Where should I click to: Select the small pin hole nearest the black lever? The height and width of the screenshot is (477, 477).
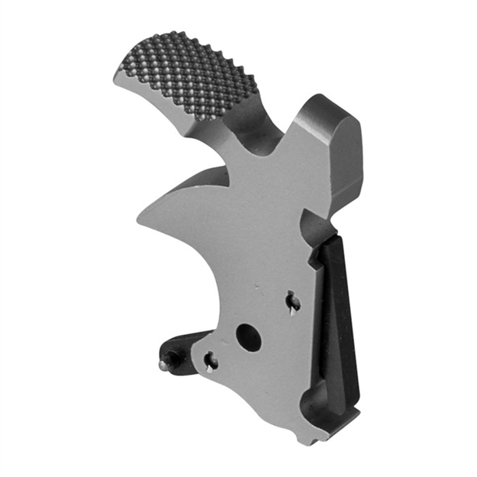coord(292,304)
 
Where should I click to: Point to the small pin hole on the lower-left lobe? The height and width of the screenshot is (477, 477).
coord(211,363)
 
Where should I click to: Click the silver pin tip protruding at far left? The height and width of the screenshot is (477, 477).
coord(164,365)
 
